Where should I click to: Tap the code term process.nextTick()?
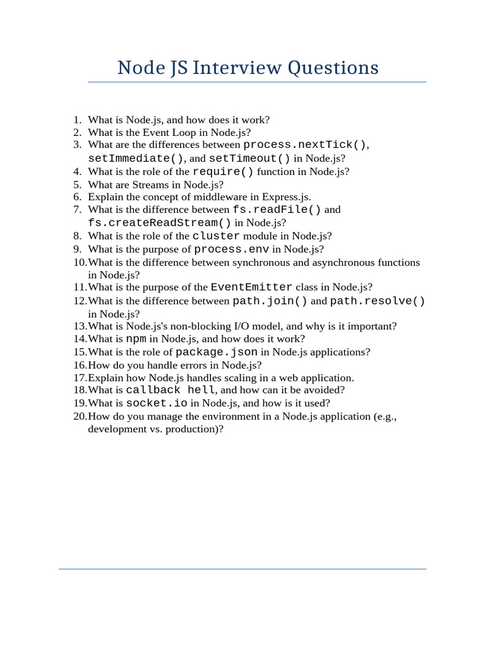pyautogui.click(x=305, y=145)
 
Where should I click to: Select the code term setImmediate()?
pyautogui.click(x=136, y=158)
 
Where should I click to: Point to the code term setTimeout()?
pyautogui.click(x=249, y=158)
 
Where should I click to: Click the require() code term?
pyautogui.click(x=223, y=171)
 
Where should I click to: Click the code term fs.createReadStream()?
pyautogui.click(x=160, y=222)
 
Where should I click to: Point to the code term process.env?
pyautogui.click(x=232, y=249)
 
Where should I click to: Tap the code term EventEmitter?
pyautogui.click(x=251, y=287)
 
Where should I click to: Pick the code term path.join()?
pyautogui.click(x=270, y=301)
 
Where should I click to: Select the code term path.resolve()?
pyautogui.click(x=378, y=301)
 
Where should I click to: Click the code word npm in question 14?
pyautogui.click(x=136, y=339)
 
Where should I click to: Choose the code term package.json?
pyautogui.click(x=217, y=352)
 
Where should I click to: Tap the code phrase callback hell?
pyautogui.click(x=171, y=390)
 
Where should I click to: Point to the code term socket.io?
pyautogui.click(x=157, y=402)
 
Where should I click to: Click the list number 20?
pyautogui.click(x=80, y=416)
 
